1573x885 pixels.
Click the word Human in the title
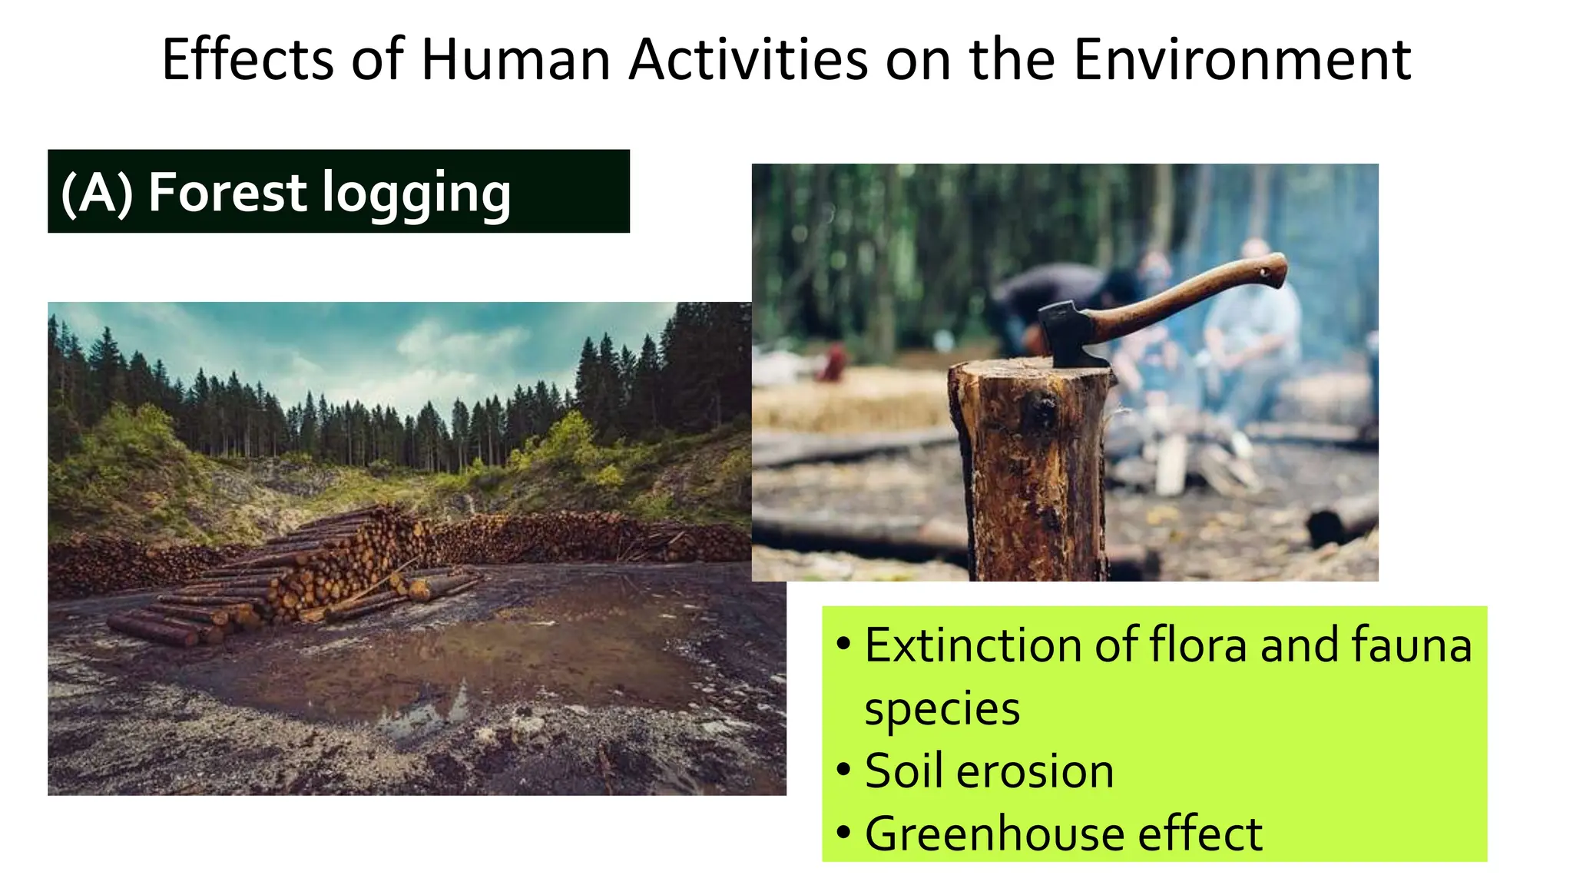[x=516, y=60]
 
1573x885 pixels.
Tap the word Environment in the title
[x=1241, y=60]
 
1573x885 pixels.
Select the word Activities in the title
[x=748, y=60]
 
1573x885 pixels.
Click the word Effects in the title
[x=247, y=60]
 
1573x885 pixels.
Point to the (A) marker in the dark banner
[x=97, y=192]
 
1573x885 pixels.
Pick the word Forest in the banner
[x=227, y=192]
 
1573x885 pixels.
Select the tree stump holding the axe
[x=1032, y=469]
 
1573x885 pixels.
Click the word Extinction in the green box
[x=972, y=645]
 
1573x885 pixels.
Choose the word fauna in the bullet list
[x=1411, y=645]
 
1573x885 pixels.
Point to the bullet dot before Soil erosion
[x=843, y=770]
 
